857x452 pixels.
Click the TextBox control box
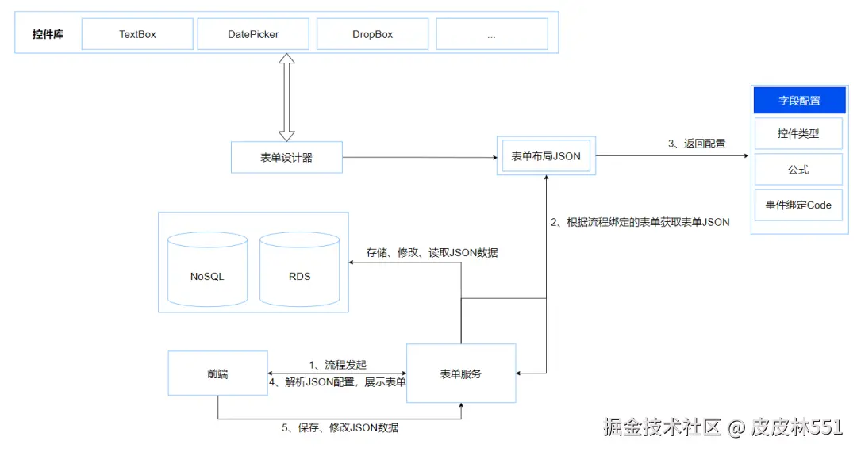(137, 34)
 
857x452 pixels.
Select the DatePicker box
(253, 34)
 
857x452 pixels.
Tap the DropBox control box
(372, 34)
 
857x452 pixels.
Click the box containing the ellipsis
(491, 34)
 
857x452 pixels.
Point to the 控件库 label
(48, 34)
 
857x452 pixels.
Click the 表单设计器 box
(286, 157)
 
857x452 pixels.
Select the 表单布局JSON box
(546, 156)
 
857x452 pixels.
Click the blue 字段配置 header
(798, 101)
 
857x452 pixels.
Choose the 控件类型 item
(798, 134)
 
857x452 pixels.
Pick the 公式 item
(798, 170)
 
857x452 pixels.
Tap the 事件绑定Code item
(798, 205)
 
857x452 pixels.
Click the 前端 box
(217, 373)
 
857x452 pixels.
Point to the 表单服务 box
(461, 373)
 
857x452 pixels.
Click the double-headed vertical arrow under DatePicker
(286, 97)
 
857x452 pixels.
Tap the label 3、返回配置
(697, 144)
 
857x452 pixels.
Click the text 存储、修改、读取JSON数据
(432, 253)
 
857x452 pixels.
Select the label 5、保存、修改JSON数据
(340, 427)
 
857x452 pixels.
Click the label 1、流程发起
(338, 364)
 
